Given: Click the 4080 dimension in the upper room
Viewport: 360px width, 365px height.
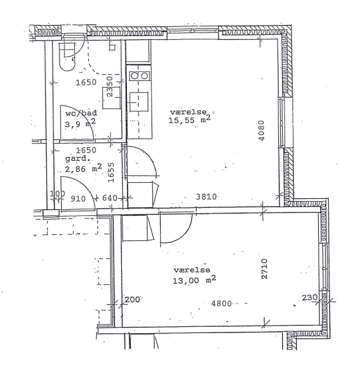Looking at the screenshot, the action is pyautogui.click(x=261, y=130).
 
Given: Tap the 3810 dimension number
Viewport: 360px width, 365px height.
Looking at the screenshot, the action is pyautogui.click(x=206, y=197).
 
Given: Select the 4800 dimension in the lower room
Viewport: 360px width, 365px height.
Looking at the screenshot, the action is pyautogui.click(x=221, y=304).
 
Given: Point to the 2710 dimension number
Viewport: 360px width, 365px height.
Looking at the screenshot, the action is pyautogui.click(x=264, y=269).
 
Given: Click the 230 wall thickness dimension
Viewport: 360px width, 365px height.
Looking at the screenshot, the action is pyautogui.click(x=310, y=298).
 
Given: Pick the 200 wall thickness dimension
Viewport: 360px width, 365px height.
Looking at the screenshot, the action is pyautogui.click(x=132, y=299).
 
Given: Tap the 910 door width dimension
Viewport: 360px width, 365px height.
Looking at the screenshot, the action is pyautogui.click(x=78, y=199).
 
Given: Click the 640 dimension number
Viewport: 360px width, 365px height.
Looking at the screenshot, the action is pyautogui.click(x=110, y=198).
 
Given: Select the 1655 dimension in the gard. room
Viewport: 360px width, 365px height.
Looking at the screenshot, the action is pyautogui.click(x=111, y=172).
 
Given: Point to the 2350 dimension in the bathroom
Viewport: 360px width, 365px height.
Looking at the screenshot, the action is pyautogui.click(x=110, y=86).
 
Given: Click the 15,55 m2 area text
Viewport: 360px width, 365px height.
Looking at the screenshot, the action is pyautogui.click(x=190, y=120).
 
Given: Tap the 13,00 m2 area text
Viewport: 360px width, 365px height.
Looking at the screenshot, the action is pyautogui.click(x=194, y=280).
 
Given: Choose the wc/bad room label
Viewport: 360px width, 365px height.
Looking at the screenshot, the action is pyautogui.click(x=81, y=113).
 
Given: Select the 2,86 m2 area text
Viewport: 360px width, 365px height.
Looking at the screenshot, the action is pyautogui.click(x=83, y=168).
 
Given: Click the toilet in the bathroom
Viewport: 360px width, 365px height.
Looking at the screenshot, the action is pyautogui.click(x=67, y=56).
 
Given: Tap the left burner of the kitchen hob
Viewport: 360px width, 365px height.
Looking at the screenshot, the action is pyautogui.click(x=134, y=75).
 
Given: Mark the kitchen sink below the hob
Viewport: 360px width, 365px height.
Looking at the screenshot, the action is pyautogui.click(x=139, y=102).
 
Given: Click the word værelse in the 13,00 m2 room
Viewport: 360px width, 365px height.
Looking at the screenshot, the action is pyautogui.click(x=192, y=270).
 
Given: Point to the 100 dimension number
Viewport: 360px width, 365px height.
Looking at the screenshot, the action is pyautogui.click(x=58, y=193).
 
